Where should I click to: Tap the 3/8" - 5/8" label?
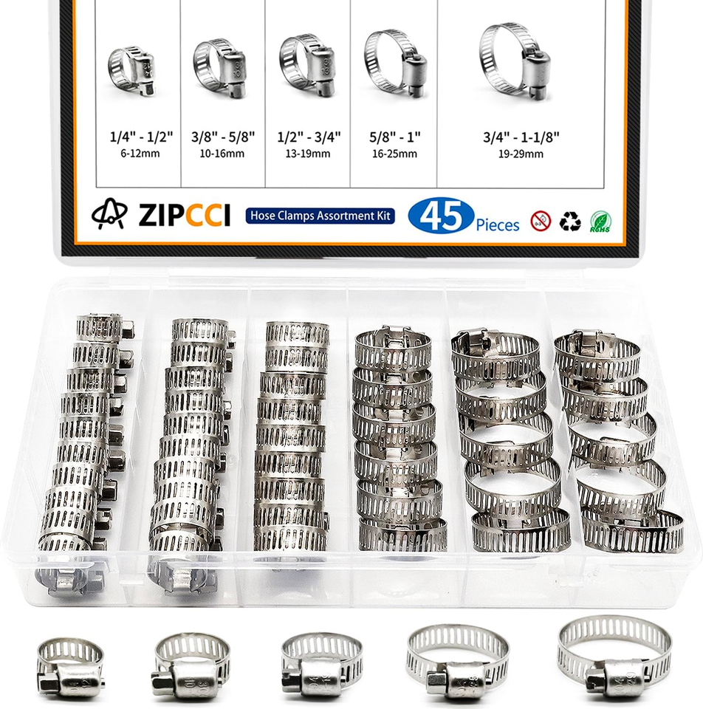click(x=223, y=137)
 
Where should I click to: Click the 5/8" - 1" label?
click(x=393, y=137)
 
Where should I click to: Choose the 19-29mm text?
click(x=521, y=154)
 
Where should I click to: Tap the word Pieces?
click(x=497, y=224)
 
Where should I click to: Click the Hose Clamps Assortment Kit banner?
click(x=320, y=215)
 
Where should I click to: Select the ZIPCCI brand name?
click(x=184, y=215)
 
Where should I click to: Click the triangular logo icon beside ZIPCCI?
click(x=110, y=215)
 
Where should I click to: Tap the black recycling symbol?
click(x=569, y=221)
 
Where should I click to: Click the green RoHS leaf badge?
click(x=600, y=221)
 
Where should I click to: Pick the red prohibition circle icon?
click(x=540, y=221)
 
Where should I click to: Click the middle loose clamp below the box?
click(x=321, y=662)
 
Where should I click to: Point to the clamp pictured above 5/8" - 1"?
click(x=394, y=63)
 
